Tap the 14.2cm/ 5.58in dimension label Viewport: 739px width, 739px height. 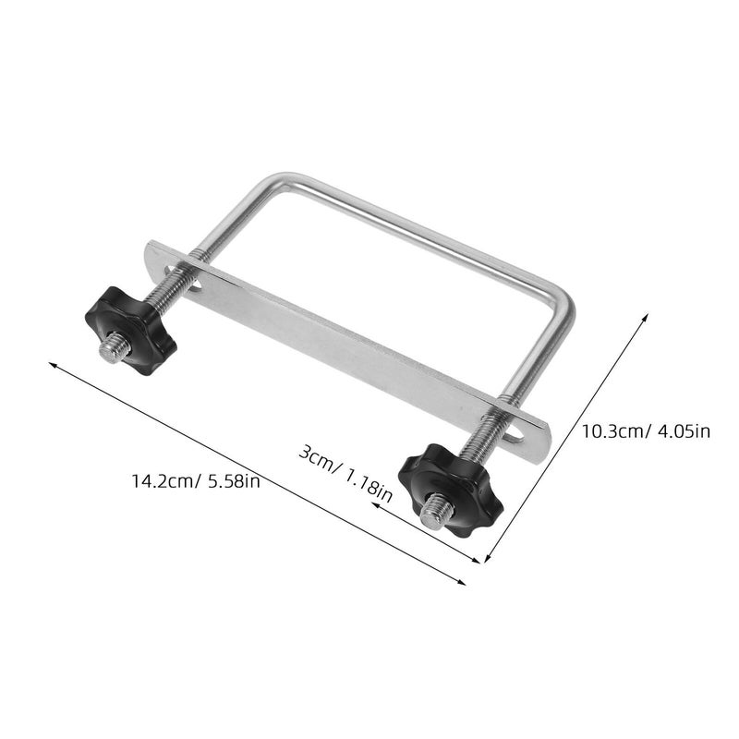[x=196, y=481]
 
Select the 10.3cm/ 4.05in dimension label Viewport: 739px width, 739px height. [x=645, y=431]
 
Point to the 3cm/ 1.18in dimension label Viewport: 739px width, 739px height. [x=345, y=475]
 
